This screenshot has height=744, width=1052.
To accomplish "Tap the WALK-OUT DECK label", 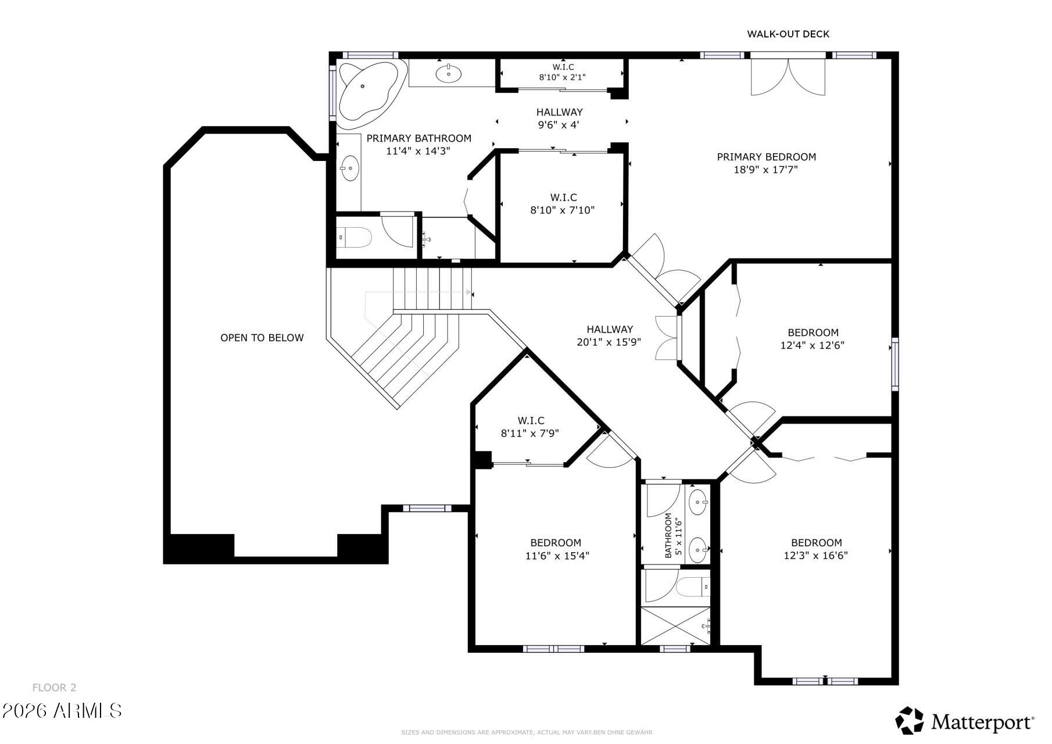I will pyautogui.click(x=788, y=34).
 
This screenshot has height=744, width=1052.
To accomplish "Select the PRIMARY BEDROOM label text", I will pyautogui.click(x=766, y=157).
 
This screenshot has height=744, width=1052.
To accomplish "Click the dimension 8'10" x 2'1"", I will pyautogui.click(x=562, y=77).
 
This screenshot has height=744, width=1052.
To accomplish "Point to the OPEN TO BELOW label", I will pyautogui.click(x=262, y=338).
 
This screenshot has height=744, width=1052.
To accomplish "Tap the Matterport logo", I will pyautogui.click(x=965, y=721).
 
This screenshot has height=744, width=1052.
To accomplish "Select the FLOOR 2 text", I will pyautogui.click(x=54, y=688).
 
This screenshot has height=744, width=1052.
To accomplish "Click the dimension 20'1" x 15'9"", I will pyautogui.click(x=609, y=342).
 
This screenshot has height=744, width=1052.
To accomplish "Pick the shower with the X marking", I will pyautogui.click(x=675, y=626).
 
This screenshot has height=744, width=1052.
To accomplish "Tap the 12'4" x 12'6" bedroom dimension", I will pyautogui.click(x=812, y=345).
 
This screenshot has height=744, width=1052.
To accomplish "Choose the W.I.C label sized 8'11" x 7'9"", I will pyautogui.click(x=531, y=420).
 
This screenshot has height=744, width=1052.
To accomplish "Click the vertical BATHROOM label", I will pyautogui.click(x=668, y=535).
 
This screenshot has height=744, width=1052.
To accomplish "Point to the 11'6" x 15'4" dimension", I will pyautogui.click(x=557, y=556).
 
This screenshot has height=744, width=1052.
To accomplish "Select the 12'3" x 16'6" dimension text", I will pyautogui.click(x=815, y=556).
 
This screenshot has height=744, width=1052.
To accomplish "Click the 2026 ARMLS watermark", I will pyautogui.click(x=62, y=710).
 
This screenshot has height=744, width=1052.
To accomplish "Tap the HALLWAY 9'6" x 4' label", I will pyautogui.click(x=559, y=118).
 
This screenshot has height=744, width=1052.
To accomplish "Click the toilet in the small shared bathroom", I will pyautogui.click(x=694, y=586).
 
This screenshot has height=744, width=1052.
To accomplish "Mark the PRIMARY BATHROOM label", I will pyautogui.click(x=418, y=138).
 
